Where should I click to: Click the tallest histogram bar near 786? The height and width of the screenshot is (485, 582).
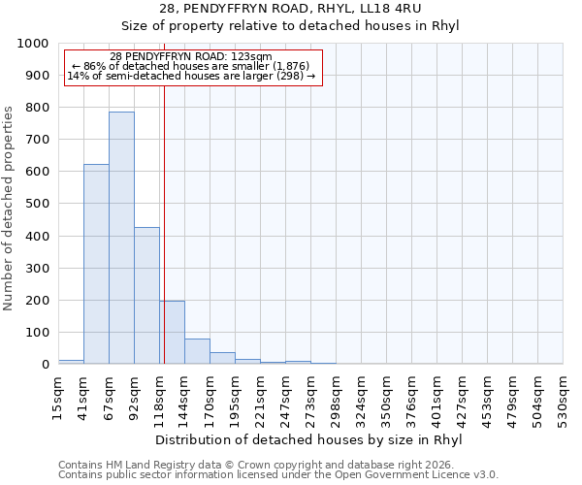121,238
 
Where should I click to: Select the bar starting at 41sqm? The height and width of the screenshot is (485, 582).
96,264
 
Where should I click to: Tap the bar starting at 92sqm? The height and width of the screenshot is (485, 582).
146,295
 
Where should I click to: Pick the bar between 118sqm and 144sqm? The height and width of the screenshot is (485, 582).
172,333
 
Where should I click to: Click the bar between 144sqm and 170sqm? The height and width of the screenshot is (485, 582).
197,351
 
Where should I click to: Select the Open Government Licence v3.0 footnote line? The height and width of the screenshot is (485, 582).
278,475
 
